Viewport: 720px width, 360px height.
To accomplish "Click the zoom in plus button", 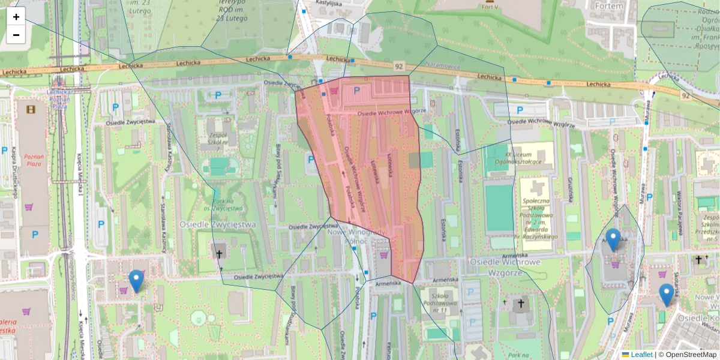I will click(16, 17).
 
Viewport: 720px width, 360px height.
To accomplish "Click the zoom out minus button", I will click(16, 35).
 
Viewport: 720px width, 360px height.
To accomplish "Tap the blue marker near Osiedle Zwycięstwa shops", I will click(136, 281).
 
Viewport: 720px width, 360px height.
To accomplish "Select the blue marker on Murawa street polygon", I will click(613, 239).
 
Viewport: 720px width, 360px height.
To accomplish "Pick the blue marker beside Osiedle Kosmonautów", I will click(666, 295).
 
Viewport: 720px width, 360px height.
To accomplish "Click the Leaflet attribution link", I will click(641, 355).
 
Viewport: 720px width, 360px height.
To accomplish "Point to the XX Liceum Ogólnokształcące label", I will click(523, 158).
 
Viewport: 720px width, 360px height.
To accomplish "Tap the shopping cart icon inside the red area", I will click(334, 91).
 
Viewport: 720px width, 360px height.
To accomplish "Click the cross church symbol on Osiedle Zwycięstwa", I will click(219, 254).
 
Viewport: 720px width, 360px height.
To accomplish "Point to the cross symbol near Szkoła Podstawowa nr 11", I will click(520, 304).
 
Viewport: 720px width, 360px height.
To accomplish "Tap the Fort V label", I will click(487, 7).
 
